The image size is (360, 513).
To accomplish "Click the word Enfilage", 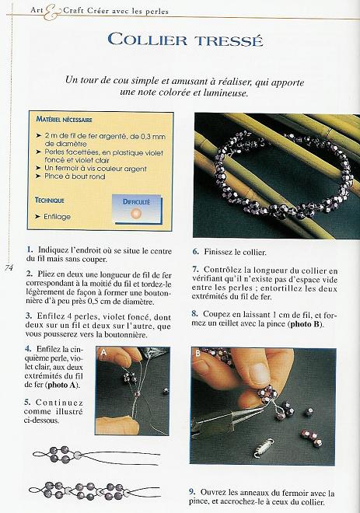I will point(58,217).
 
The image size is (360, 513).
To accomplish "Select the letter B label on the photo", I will point(197,352).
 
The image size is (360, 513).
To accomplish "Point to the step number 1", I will point(29,248).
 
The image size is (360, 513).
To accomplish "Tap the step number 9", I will point(193,492).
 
